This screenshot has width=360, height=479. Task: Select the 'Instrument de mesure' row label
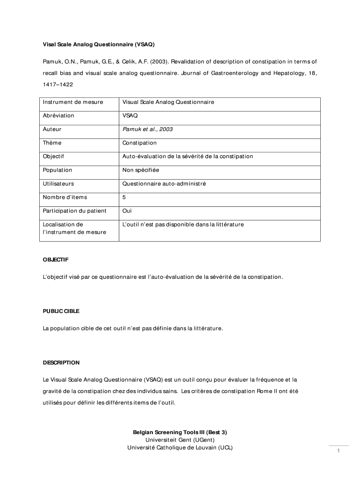72,102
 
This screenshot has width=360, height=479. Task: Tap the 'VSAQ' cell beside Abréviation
130,116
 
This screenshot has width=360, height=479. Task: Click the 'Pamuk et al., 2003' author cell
147,129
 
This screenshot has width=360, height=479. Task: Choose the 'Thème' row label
52,143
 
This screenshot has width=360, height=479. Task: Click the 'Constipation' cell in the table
139,143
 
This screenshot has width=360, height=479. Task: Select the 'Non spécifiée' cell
141,170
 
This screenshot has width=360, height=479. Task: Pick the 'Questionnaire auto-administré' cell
164,184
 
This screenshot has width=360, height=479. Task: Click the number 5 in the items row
124,197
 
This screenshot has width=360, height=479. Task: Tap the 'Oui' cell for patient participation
127,211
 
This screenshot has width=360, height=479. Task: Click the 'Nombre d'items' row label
65,197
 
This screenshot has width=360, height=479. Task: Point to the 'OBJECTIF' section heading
56,259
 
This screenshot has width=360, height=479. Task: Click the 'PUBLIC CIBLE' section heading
61,311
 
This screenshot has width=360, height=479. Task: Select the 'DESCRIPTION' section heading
61,363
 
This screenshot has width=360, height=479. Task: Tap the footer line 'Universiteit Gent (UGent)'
180,440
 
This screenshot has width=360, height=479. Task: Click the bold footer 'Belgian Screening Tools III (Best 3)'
180,432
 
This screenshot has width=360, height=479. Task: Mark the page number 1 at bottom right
338,451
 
